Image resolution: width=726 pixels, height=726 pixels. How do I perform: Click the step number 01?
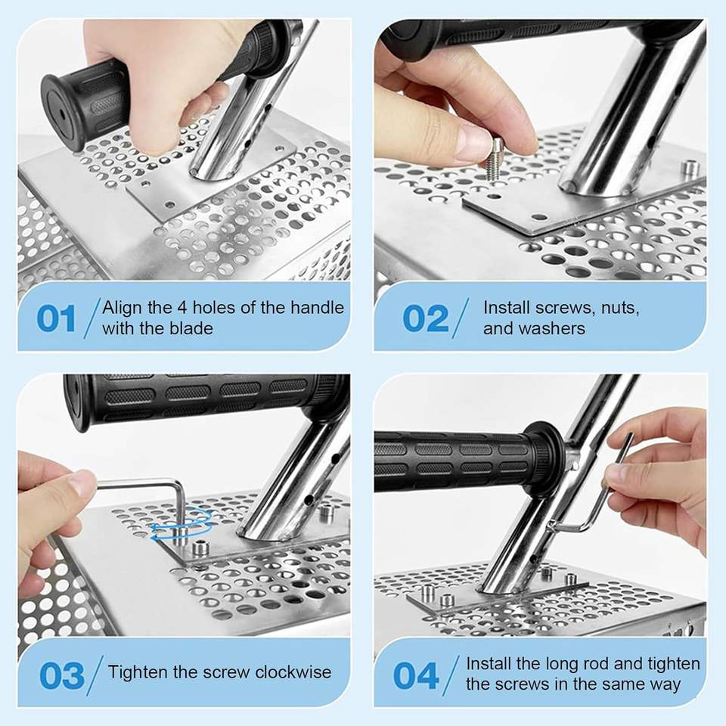click(56, 318)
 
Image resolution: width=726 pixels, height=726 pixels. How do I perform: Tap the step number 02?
click(426, 318)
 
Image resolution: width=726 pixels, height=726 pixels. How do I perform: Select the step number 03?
click(62, 675)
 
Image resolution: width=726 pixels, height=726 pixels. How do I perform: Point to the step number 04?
click(416, 675)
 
